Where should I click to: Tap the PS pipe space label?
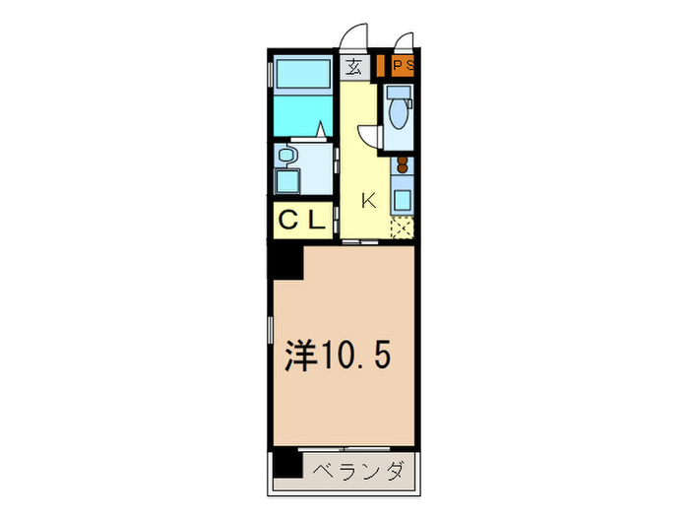click(x=403, y=67)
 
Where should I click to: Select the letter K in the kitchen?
click(x=369, y=201)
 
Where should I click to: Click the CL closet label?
click(x=301, y=222)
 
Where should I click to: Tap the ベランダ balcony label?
click(x=359, y=472)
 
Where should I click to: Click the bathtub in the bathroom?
click(x=303, y=75)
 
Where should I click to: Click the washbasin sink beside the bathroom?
click(x=287, y=155)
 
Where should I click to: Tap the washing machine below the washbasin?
click(x=288, y=183)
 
